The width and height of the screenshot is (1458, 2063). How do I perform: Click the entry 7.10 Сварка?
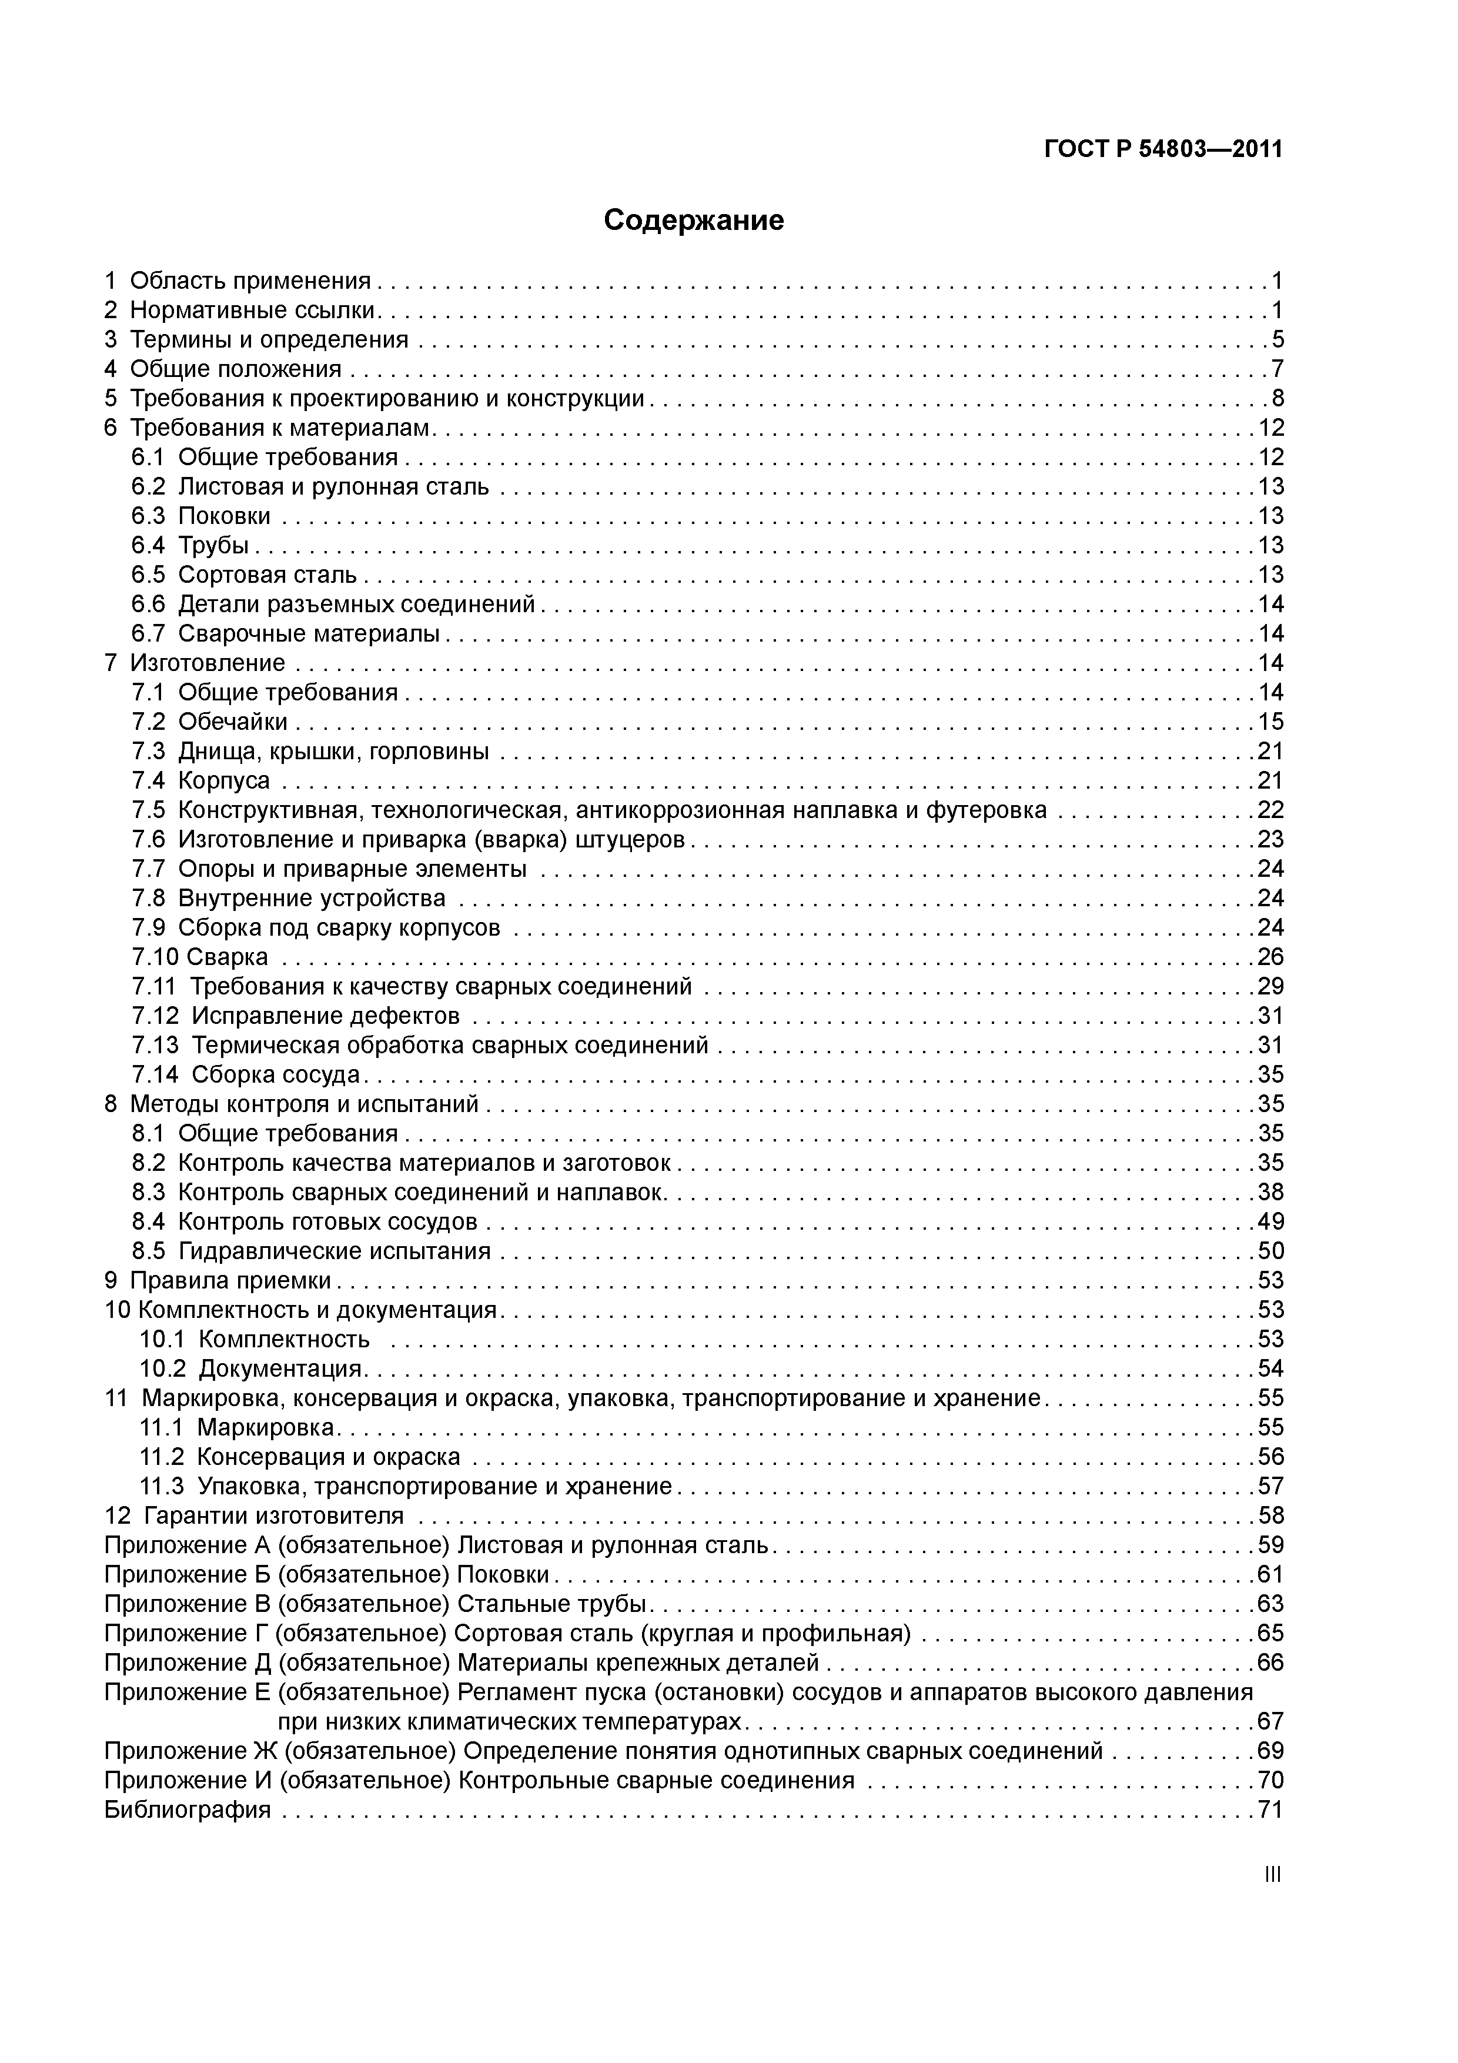(x=199, y=957)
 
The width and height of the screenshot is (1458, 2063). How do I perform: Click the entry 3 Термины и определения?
(x=256, y=340)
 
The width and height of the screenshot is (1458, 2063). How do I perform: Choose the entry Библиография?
(x=187, y=1810)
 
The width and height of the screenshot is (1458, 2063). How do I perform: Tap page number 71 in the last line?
(x=1270, y=1810)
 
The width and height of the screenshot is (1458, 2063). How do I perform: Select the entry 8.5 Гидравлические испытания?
(x=311, y=1251)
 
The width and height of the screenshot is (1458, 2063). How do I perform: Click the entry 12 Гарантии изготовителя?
(x=254, y=1516)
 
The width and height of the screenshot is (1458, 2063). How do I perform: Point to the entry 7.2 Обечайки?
(x=209, y=722)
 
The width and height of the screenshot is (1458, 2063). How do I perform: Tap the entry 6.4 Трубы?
(x=189, y=545)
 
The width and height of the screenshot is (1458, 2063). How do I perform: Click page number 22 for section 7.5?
(x=1270, y=810)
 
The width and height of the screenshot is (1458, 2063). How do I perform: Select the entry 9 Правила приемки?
(x=218, y=1280)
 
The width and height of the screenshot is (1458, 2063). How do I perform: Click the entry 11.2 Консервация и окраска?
(x=299, y=1457)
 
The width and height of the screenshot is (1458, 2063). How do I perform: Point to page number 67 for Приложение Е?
(x=1270, y=1721)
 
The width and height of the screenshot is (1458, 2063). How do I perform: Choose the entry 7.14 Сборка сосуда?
(x=245, y=1074)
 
